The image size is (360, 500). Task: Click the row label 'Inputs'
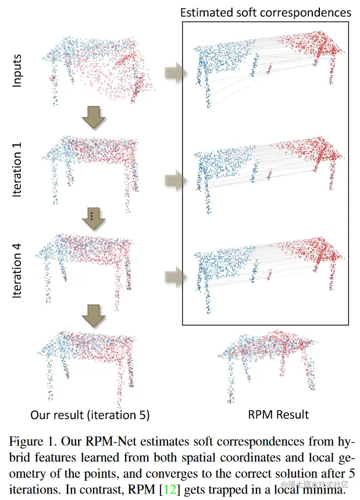[x=17, y=72]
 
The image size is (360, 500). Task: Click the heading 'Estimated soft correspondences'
[x=265, y=12]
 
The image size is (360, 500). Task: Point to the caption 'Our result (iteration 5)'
[x=90, y=415]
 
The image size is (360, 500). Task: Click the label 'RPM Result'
[x=279, y=415]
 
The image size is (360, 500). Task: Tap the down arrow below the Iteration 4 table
[x=93, y=317]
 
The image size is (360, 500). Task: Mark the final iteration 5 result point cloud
[x=90, y=364]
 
